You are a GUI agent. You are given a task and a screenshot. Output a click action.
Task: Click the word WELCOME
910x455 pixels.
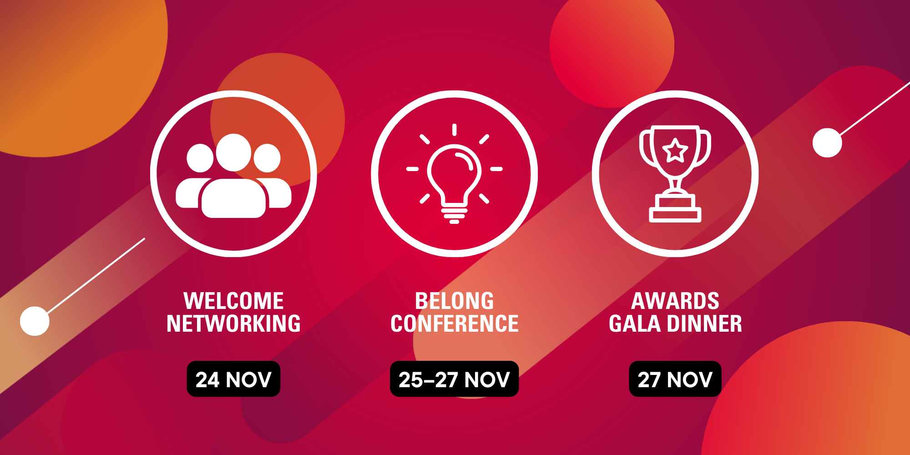pos(233,301)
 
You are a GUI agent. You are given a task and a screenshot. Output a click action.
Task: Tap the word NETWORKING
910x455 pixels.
pos(233,324)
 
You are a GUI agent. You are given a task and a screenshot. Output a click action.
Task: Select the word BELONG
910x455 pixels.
pos(454,301)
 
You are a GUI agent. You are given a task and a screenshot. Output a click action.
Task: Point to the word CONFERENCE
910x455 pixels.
pos(454,324)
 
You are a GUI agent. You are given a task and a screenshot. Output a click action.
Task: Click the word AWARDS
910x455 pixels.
pos(675,301)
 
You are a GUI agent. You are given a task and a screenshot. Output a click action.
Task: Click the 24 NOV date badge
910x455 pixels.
pos(233,379)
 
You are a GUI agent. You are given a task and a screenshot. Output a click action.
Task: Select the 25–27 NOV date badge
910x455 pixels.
pos(454,379)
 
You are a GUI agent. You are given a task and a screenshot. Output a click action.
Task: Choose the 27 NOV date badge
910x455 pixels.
pos(675,379)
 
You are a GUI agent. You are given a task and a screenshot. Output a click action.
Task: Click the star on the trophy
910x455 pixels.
pos(675,151)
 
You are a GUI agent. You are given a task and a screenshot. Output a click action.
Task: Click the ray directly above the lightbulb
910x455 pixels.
pos(454,130)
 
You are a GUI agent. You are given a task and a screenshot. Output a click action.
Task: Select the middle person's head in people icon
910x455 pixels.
pos(233,152)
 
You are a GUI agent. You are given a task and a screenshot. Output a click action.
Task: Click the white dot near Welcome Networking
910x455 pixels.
pos(35,321)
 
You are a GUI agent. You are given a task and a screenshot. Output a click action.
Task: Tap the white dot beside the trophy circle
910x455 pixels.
pos(827,143)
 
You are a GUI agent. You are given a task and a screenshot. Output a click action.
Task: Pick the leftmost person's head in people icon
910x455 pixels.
pos(200,158)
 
